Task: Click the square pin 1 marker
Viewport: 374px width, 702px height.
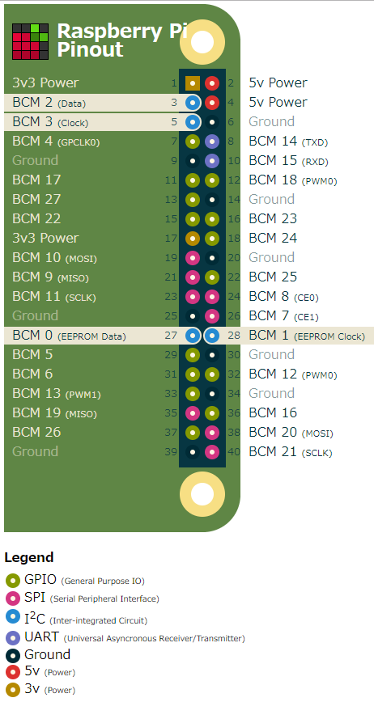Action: (x=192, y=82)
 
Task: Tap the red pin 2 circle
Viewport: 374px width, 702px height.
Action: (x=212, y=82)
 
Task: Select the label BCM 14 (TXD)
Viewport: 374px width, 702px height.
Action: (x=288, y=142)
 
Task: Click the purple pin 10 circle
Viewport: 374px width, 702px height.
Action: (x=212, y=161)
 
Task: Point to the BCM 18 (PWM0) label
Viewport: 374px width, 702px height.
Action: (x=293, y=180)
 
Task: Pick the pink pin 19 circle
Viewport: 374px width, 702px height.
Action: (x=192, y=257)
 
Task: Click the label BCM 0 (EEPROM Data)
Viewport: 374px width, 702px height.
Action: (x=69, y=336)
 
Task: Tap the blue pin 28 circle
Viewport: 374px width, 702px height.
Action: (x=212, y=336)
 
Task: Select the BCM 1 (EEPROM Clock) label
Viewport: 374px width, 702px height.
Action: (x=307, y=336)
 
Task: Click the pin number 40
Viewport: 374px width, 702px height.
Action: (x=234, y=452)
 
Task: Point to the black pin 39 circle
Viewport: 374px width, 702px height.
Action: (x=192, y=452)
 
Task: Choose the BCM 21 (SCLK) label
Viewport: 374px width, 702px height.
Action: (x=291, y=452)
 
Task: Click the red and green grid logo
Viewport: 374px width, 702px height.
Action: (x=30, y=41)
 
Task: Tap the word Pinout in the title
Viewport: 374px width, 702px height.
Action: (x=90, y=49)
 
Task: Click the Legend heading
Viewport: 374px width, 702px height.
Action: (x=29, y=557)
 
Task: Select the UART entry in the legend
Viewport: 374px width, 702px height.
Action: (x=125, y=637)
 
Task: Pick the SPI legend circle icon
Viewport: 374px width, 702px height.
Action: (x=13, y=598)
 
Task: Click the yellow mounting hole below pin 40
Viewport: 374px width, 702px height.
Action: (x=202, y=494)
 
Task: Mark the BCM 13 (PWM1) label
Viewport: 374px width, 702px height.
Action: (x=57, y=394)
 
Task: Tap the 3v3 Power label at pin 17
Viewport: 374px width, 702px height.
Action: (x=45, y=238)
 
